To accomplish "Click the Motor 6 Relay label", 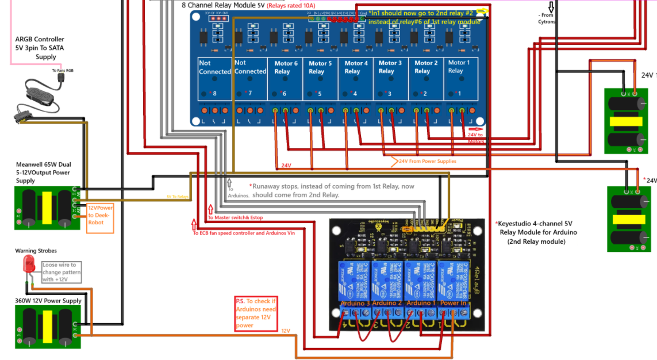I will (x=286, y=67).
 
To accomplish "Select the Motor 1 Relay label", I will (x=459, y=66).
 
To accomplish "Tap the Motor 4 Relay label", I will (x=356, y=67).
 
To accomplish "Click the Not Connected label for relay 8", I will (x=214, y=67).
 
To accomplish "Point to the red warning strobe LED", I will (x=28, y=264).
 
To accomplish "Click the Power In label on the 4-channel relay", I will (x=454, y=303).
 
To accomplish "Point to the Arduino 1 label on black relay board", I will (x=420, y=303).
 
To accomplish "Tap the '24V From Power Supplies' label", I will (x=427, y=161).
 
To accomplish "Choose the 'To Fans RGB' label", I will (x=62, y=71).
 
